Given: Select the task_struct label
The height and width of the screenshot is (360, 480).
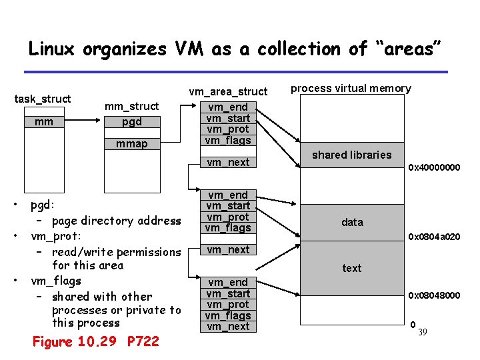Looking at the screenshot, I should coord(43,99).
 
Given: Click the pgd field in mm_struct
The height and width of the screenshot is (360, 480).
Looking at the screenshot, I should coord(132,122).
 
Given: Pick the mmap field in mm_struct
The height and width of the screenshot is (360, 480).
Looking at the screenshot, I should coord(132,143).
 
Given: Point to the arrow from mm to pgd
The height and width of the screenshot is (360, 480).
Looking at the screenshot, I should coord(81,122).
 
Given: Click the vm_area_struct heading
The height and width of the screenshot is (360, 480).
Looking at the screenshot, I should coord(228,91).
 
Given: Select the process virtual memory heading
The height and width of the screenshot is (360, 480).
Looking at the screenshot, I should coord(351,89).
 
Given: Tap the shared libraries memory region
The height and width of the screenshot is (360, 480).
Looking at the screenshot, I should coord(351,155).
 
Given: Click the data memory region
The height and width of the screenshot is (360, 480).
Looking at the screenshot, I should coord(352,222).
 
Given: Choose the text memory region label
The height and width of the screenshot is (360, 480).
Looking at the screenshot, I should coord(351,268).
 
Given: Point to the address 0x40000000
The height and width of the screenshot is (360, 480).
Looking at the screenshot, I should coord(434,167).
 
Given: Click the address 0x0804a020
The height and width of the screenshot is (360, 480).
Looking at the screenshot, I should coord(434,237).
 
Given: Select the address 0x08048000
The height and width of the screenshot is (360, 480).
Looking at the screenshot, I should coord(434,295).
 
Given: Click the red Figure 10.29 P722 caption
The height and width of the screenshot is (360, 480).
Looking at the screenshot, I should coord(96,341).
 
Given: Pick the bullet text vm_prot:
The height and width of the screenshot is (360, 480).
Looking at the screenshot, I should coord(56,237).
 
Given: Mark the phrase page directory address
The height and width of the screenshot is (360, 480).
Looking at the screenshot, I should coord(116,221).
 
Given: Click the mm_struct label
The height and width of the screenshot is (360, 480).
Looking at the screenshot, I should coord(132,106).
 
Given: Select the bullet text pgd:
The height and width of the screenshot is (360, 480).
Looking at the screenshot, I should coord(43,205).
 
